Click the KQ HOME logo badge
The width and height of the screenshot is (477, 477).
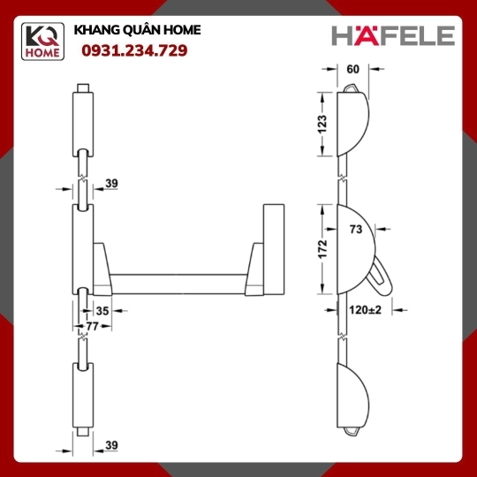point(42,42)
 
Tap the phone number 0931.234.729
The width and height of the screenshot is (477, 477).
point(134,50)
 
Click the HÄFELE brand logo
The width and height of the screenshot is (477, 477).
point(393,35)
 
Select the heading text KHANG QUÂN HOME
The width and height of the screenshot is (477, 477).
point(137,30)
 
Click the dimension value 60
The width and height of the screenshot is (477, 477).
point(352,70)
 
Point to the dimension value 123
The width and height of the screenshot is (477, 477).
point(322,125)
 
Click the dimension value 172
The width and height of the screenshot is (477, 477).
point(322,249)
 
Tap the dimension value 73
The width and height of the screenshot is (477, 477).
point(356,229)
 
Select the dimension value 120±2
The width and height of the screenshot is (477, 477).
point(365,310)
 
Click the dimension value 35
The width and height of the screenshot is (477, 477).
point(102,311)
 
